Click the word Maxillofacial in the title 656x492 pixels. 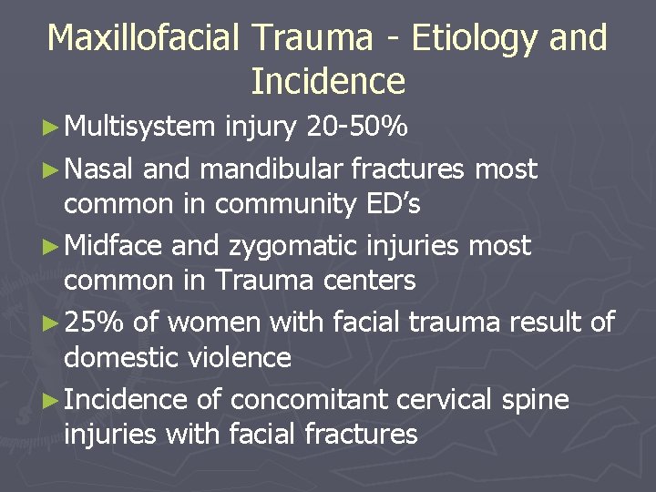pos(144,38)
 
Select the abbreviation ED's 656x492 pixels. pos(390,205)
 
